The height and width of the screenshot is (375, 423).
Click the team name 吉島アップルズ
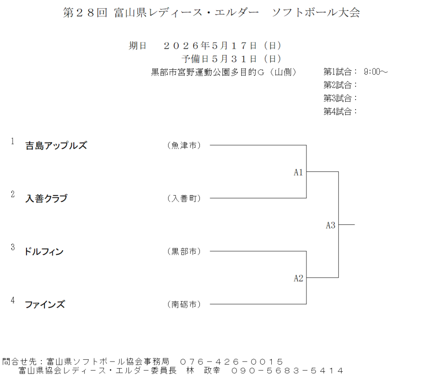coord(56,145)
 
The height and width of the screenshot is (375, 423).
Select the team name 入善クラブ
coord(46,198)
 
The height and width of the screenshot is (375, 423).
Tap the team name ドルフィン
coord(44,252)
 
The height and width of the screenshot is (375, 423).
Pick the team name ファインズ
coord(45,305)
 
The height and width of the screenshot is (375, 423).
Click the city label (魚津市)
coord(184,145)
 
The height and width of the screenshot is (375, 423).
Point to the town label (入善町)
coord(184,198)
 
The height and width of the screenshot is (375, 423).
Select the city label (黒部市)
coord(184,252)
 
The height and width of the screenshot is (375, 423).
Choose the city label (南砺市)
coord(184,305)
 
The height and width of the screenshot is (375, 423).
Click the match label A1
coord(298,172)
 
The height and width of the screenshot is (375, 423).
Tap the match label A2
coord(298,278)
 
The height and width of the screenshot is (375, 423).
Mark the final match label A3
coord(330,225)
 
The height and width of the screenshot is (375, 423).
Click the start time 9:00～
coord(375,72)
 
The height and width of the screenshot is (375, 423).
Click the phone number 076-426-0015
coord(231,362)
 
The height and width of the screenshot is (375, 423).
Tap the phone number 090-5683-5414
coord(287,370)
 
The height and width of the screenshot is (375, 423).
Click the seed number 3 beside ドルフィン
coord(13,247)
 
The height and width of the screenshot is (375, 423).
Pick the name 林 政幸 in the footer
coord(203,370)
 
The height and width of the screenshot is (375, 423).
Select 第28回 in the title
coord(85,13)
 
